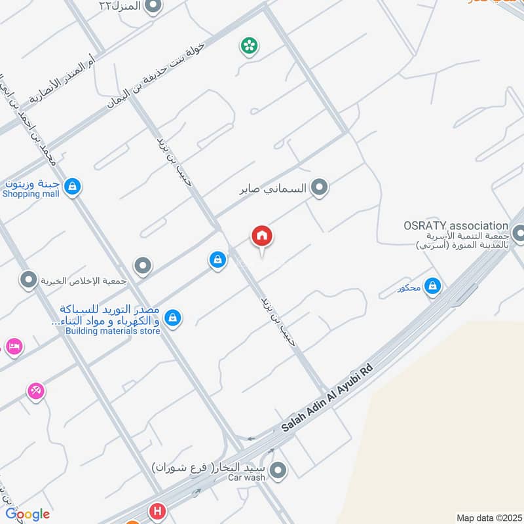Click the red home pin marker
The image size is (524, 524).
tap(262, 236)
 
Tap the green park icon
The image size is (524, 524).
tap(248, 46)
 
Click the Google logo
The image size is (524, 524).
tap(28, 514)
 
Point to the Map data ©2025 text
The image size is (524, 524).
tap(488, 517)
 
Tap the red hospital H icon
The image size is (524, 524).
tap(157, 511)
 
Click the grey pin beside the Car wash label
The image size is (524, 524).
tap(278, 470)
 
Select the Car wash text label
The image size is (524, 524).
tap(246, 477)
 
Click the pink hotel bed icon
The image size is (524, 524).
tap(13, 345)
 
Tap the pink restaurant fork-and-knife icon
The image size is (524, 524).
tap(36, 391)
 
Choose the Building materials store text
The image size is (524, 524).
tap(113, 331)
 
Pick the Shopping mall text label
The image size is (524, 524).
tap(31, 194)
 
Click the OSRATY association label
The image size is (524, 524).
tap(456, 225)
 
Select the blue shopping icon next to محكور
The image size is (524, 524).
tap(432, 286)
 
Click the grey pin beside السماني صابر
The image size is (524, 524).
tap(319, 189)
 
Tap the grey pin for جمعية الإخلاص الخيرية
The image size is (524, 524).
tap(28, 281)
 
